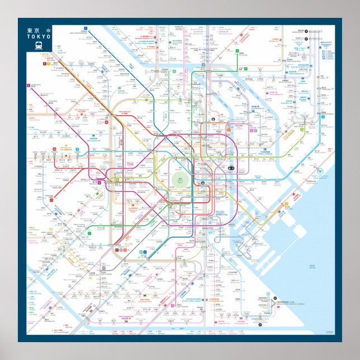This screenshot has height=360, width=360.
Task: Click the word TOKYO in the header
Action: coord(38,36)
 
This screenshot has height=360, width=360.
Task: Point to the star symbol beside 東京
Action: coord(48,30)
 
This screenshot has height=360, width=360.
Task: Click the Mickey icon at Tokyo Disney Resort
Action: coord(320,170)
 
